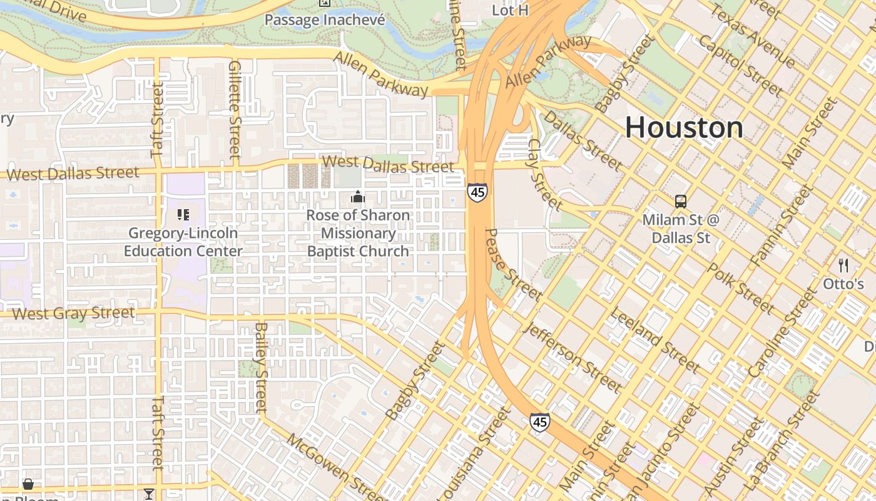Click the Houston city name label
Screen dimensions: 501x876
click(684, 128)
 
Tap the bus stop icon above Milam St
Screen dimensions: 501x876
click(681, 202)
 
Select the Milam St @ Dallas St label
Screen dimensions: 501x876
click(681, 229)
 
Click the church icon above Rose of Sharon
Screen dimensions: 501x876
click(358, 197)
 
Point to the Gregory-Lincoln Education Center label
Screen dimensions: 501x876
click(183, 242)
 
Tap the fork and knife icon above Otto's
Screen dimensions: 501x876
click(843, 266)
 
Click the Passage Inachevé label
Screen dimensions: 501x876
click(324, 20)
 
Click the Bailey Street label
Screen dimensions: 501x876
click(262, 366)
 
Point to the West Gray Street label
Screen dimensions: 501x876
click(73, 313)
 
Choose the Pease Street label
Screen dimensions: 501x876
click(513, 264)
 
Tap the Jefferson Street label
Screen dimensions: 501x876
click(574, 357)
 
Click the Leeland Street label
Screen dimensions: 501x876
click(654, 339)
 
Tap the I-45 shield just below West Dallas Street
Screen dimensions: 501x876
click(477, 192)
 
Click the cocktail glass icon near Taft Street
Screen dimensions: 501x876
click(148, 494)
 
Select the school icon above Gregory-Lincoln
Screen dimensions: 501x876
click(183, 215)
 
